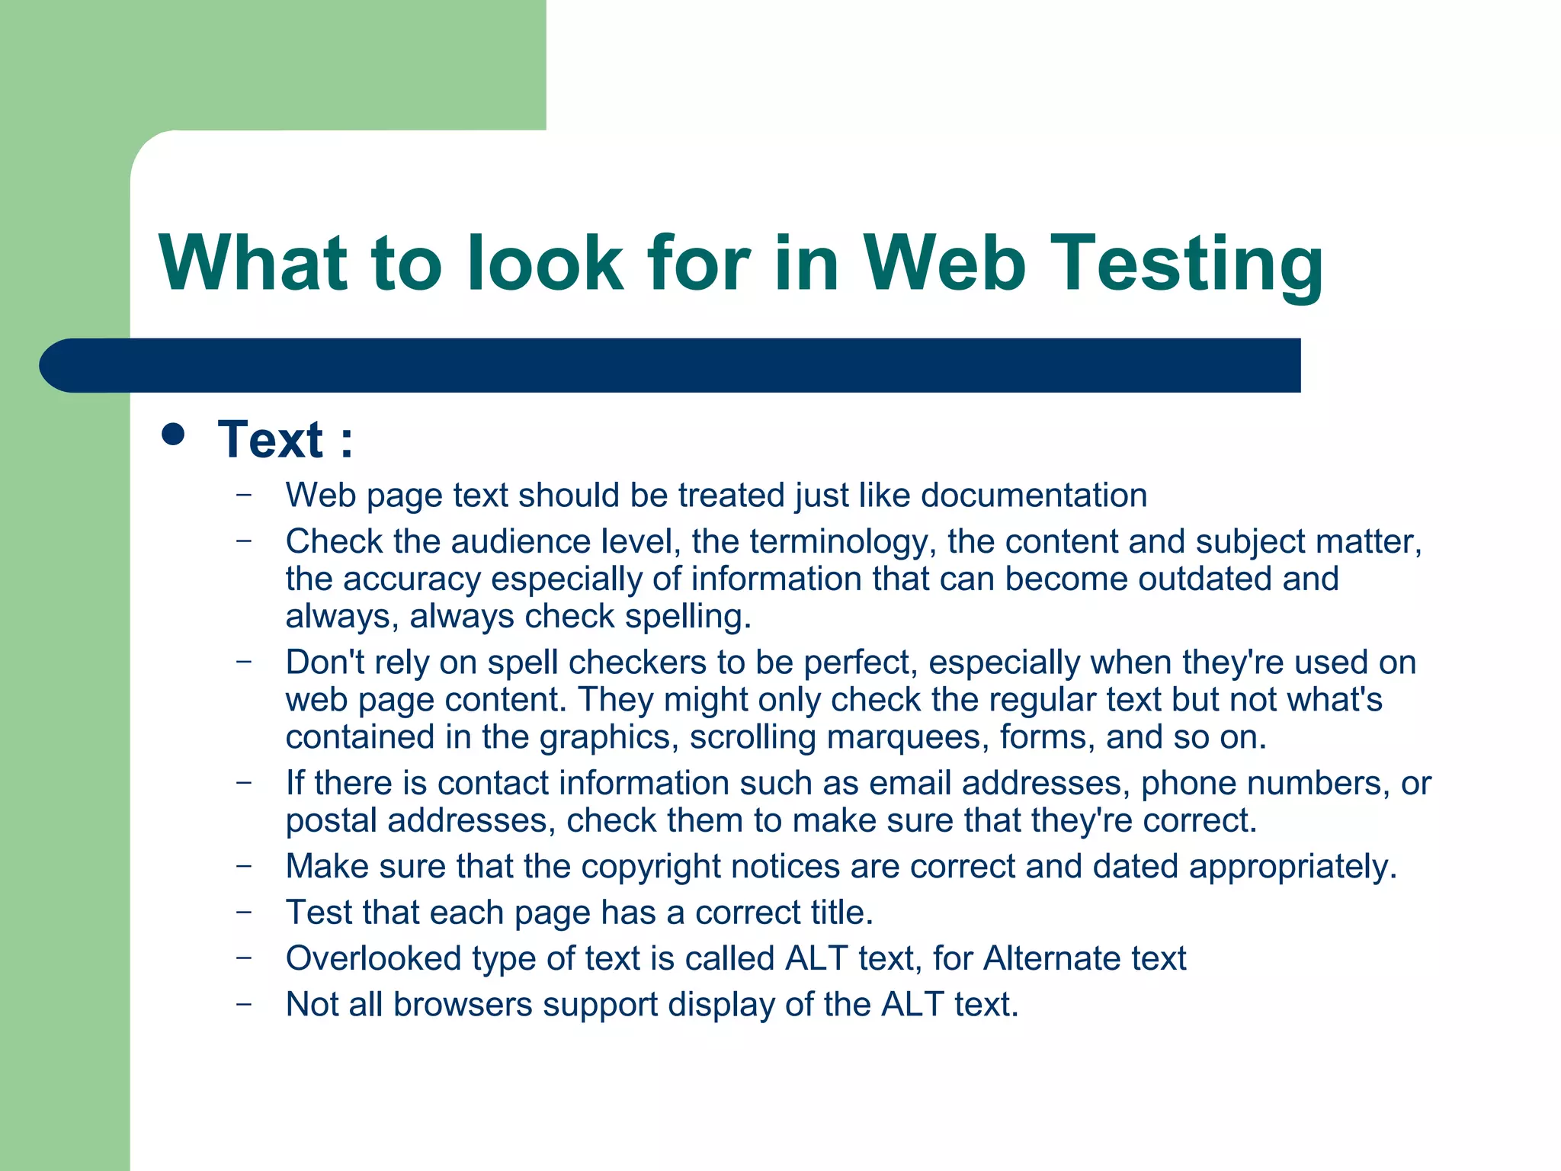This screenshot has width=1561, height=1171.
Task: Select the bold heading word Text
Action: click(271, 440)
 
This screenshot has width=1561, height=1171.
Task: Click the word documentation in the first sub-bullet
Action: click(1034, 496)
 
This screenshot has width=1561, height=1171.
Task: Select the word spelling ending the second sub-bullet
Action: click(688, 617)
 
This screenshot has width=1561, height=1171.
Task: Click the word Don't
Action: click(325, 662)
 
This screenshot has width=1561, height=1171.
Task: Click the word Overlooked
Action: click(373, 958)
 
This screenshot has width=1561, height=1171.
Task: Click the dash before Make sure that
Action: click(244, 866)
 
